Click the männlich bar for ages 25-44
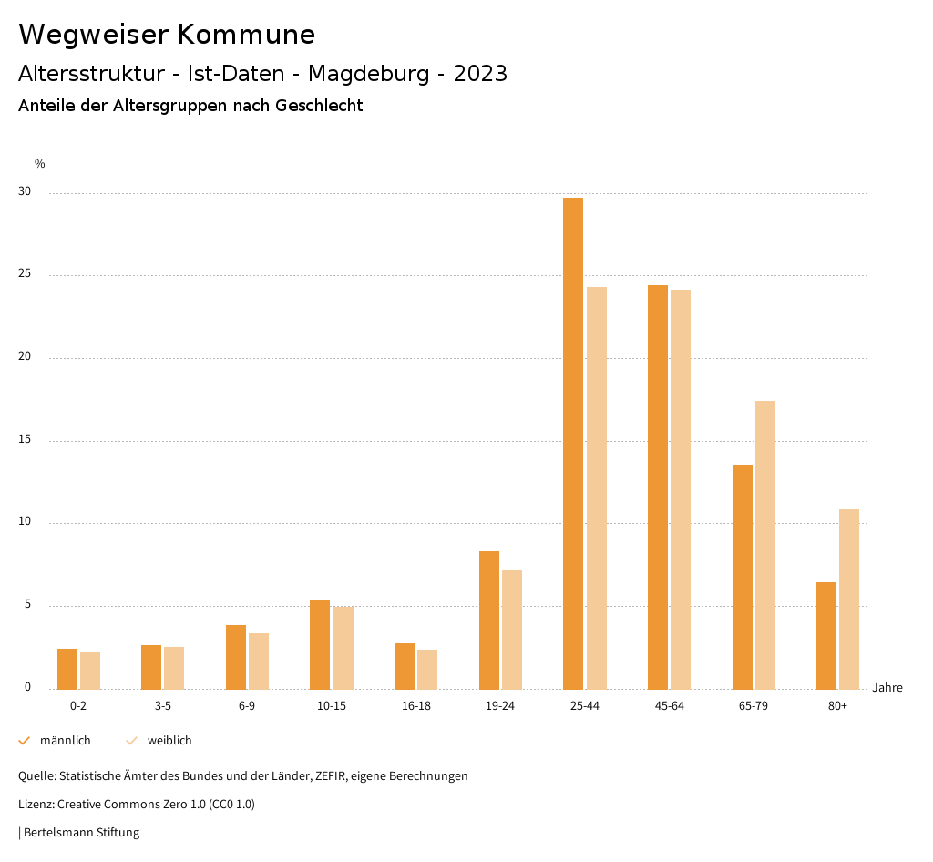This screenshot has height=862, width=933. click(x=573, y=443)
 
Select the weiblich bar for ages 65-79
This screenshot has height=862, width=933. click(x=765, y=545)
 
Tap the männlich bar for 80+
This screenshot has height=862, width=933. click(x=826, y=635)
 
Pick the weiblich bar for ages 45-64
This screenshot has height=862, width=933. click(x=681, y=489)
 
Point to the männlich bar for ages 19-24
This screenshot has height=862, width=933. click(x=489, y=620)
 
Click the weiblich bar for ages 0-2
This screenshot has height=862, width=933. click(x=90, y=670)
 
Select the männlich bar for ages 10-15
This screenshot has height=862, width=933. click(x=320, y=644)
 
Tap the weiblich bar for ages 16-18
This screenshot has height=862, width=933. click(x=427, y=669)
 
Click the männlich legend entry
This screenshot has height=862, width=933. click(x=56, y=741)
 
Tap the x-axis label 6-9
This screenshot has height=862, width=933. click(x=247, y=706)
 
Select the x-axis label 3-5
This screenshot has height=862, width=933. click(x=162, y=706)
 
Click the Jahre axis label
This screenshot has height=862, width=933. click(x=887, y=688)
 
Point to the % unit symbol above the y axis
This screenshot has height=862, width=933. click(x=40, y=164)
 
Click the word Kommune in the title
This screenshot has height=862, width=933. click(x=246, y=35)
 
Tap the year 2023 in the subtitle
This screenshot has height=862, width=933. click(x=480, y=74)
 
